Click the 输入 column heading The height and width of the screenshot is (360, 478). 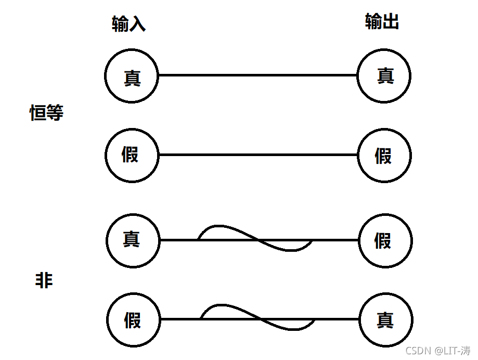coord(128,24)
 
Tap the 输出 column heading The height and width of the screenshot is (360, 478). coord(382,22)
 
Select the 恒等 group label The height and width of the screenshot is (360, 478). coord(46,112)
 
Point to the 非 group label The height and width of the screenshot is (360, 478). coord(44,281)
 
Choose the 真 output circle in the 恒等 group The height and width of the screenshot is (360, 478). coord(384,76)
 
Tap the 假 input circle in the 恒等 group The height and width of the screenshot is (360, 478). coord(132,155)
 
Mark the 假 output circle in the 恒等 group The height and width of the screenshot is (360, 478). coord(384,155)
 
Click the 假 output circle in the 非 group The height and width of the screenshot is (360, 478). coord(385,240)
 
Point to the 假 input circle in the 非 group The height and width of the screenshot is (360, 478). coord(133,319)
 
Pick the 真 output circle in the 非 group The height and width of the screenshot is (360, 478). coord(386,319)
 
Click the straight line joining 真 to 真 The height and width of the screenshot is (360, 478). coord(257,75)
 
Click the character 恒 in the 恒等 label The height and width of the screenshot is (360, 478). coord(38,112)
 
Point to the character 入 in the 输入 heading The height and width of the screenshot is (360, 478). coord(137,24)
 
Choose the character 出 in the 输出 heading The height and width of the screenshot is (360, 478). coord(391,22)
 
